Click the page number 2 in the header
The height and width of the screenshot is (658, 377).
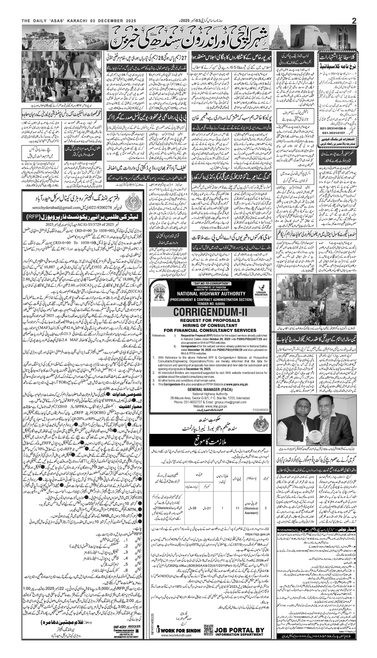pyautogui.click(x=354, y=21)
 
